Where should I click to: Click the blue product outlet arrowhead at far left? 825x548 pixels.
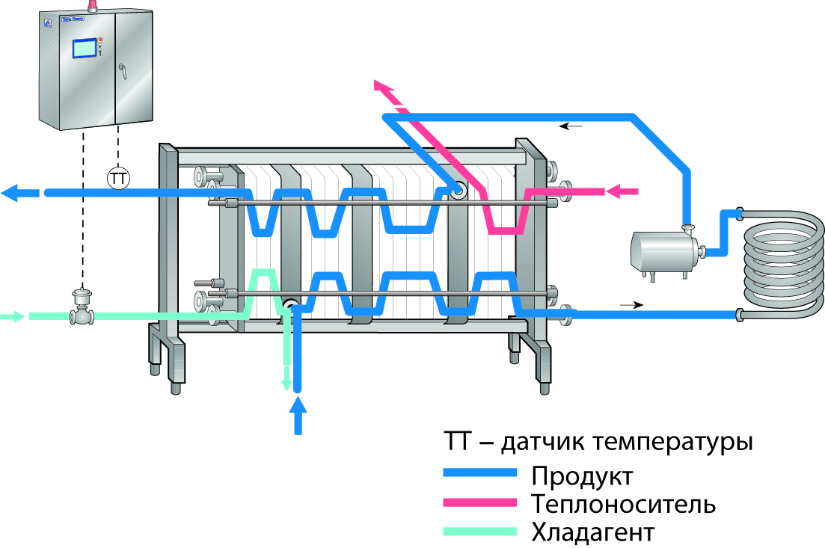pyautogui.click(x=13, y=193)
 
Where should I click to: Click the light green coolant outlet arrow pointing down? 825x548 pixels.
pyautogui.click(x=285, y=383)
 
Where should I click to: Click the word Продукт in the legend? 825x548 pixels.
pyautogui.click(x=582, y=475)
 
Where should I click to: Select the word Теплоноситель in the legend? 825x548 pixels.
pyautogui.click(x=623, y=504)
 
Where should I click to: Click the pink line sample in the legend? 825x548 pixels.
pyautogui.click(x=479, y=502)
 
